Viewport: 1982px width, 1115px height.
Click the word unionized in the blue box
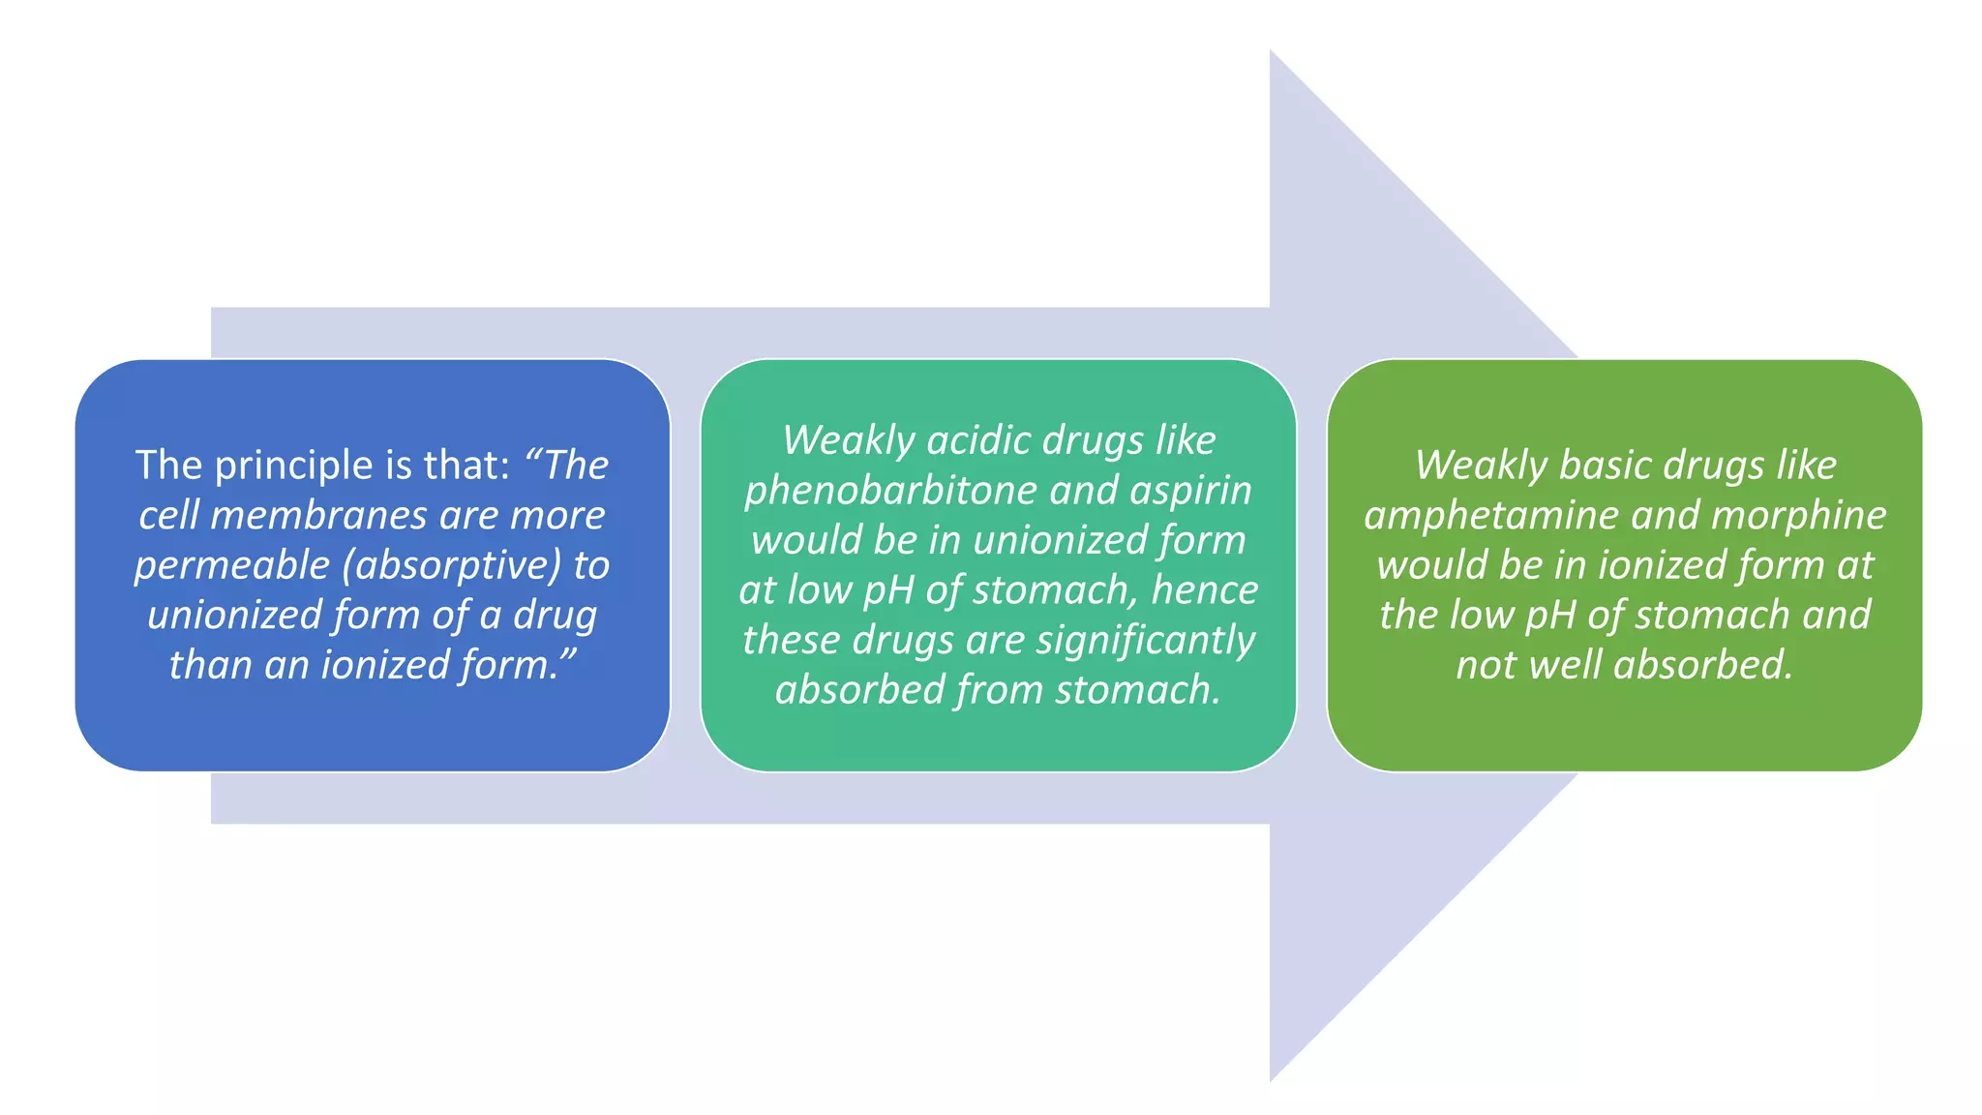click(x=233, y=616)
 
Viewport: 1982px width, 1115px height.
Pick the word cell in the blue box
click(x=168, y=516)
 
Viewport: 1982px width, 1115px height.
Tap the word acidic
click(x=980, y=441)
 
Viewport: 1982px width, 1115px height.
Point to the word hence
click(x=1205, y=590)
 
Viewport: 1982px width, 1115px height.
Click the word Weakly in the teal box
click(x=848, y=441)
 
